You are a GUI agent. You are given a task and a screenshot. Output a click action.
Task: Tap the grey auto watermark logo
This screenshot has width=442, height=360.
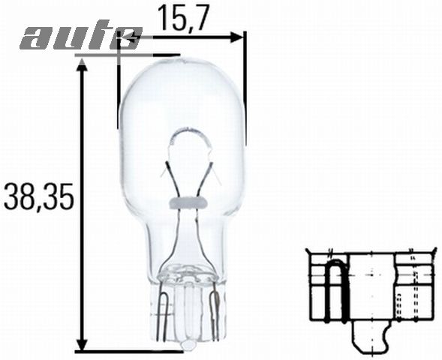(80, 37)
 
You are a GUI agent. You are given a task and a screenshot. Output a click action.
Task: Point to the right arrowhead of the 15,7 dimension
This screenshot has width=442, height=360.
(239, 36)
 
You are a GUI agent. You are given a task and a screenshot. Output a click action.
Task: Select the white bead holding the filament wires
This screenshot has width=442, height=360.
(185, 201)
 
